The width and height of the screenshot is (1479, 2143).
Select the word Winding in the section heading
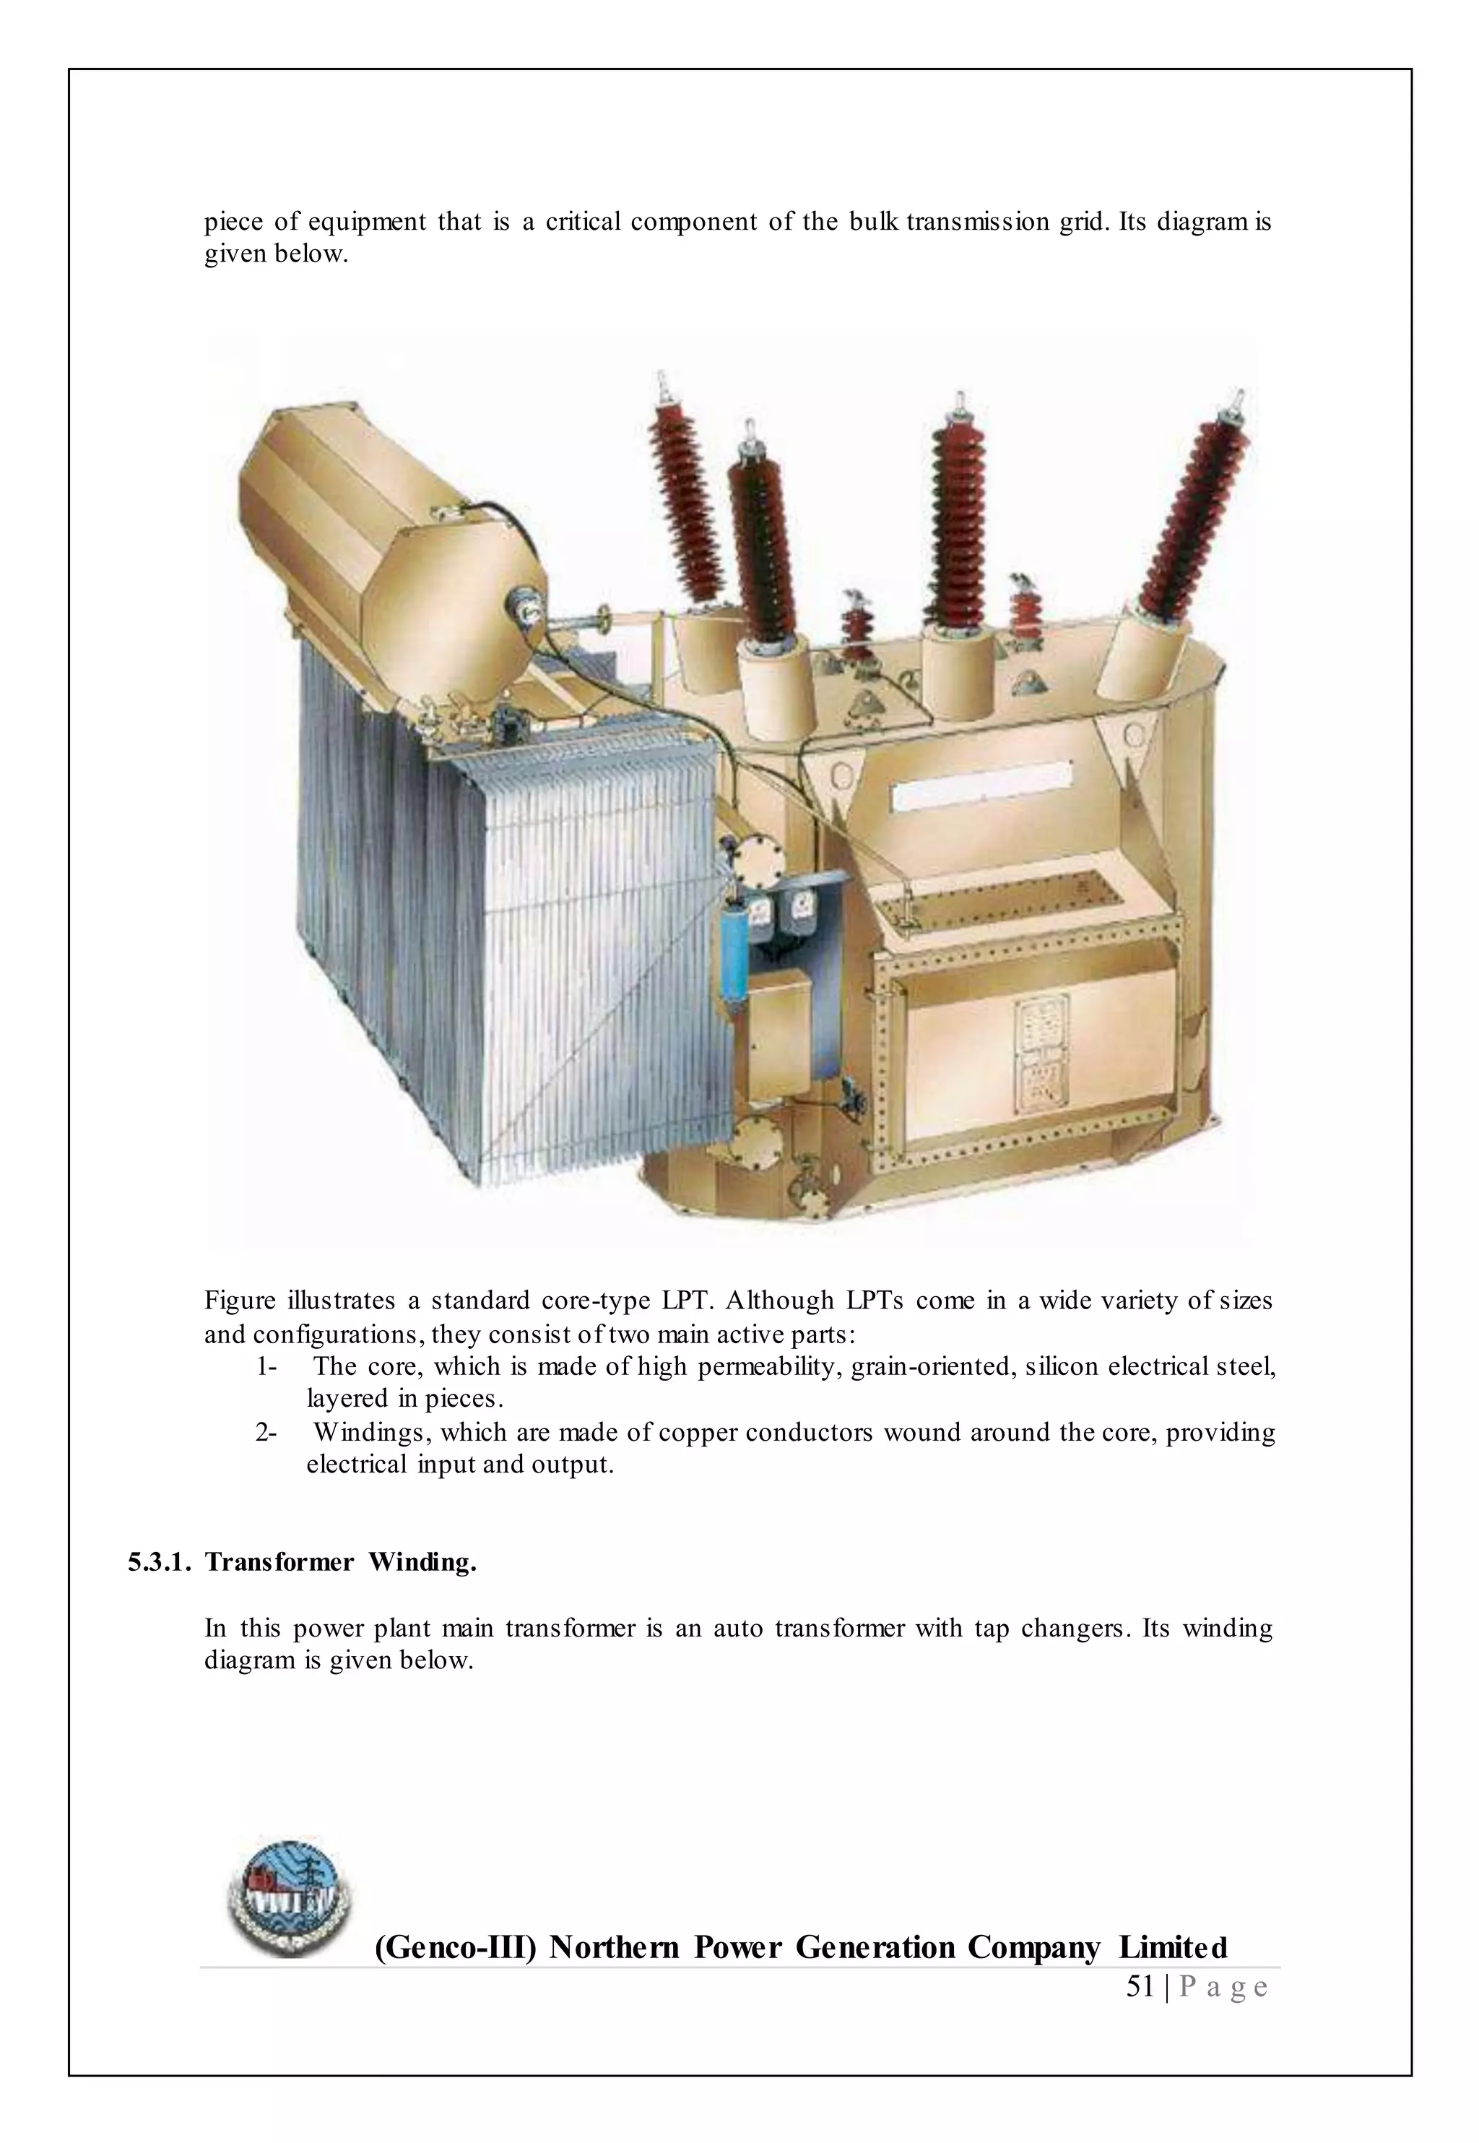(x=422, y=1562)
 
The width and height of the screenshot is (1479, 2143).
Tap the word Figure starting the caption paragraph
(x=240, y=1301)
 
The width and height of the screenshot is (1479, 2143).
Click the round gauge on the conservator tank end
(x=523, y=609)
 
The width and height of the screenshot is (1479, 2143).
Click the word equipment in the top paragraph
(x=367, y=223)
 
